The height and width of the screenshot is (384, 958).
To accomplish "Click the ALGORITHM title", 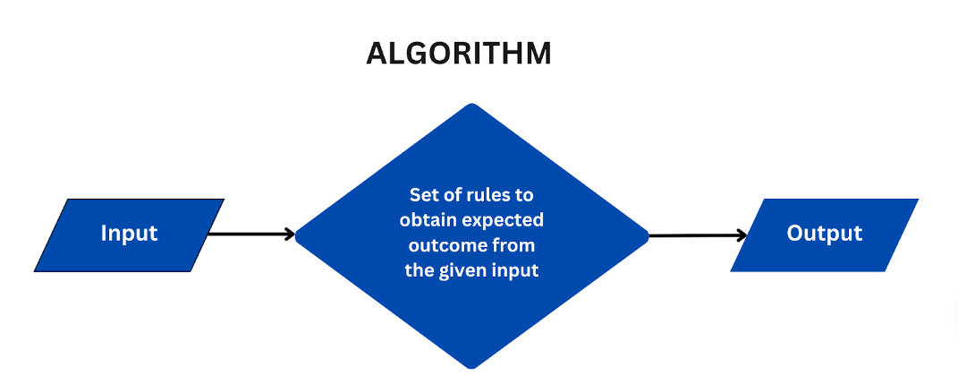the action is point(459,54).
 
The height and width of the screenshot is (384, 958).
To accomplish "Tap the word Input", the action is point(130,234).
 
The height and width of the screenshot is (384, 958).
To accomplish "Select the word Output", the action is point(824,234).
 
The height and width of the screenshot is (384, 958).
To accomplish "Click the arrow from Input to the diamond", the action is point(251,234).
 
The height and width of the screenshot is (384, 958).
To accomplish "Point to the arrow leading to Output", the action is point(698,235).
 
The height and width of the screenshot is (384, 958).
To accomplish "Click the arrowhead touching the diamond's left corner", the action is point(291,234).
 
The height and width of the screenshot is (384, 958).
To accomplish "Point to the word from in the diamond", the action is point(513,246).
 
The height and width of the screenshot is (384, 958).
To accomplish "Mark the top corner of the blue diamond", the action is point(471,104).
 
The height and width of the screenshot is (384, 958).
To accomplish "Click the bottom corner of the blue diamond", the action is point(471,368).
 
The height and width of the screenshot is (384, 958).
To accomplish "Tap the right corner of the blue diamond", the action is point(648,236).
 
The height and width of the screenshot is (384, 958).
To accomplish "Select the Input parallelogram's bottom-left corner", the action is point(35,271).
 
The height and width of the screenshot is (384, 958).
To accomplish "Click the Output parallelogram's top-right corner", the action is point(918,200).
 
